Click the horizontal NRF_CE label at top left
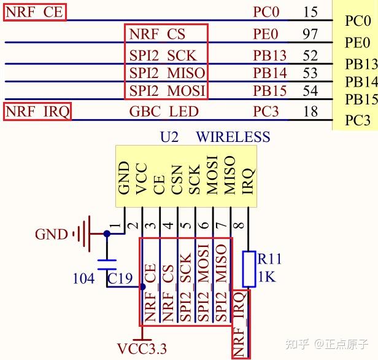tap(34, 12)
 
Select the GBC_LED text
tap(164, 111)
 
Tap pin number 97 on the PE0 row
tap(310, 34)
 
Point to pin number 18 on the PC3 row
tap(310, 111)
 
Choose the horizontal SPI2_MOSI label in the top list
tap(167, 92)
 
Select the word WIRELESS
tap(233, 136)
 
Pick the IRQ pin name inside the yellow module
tap(248, 179)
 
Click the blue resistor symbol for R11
tap(249, 268)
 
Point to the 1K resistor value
tap(266, 277)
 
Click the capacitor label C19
tap(120, 279)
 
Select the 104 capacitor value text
tap(83, 279)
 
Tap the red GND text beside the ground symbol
tap(51, 234)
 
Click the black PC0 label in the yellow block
tap(358, 22)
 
